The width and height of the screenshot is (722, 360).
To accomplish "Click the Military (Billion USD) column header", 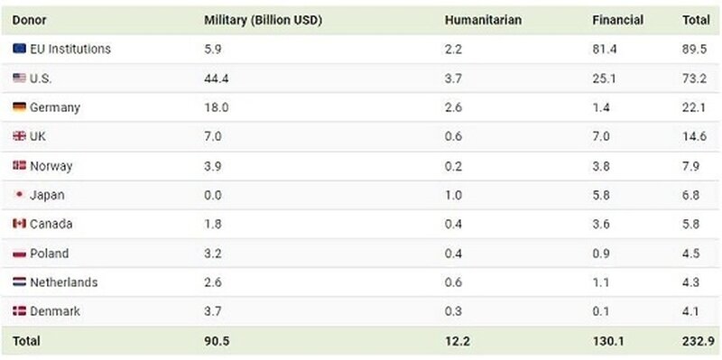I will pos(264,20).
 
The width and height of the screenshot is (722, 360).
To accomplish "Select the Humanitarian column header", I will pos(483,20).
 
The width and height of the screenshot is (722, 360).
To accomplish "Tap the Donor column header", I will pos(29,20).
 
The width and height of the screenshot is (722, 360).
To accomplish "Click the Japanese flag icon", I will pos(19,195).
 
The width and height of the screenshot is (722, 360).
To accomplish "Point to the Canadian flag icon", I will pos(19,224).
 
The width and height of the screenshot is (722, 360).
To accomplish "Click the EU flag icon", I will pos(19,49).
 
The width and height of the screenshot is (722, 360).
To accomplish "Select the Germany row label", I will pos(55,107).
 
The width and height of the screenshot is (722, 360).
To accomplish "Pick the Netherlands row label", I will pos(63,282).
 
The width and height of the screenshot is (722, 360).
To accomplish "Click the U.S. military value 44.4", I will pos(217,78).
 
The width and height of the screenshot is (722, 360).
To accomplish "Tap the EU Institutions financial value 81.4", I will pos(606,49).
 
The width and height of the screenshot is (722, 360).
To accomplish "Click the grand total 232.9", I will pos(697,341).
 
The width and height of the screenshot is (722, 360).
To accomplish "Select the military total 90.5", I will pos(217,341).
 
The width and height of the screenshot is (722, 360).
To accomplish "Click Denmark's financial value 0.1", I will pos(601,311).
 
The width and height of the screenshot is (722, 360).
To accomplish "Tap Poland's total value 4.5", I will pos(690,254).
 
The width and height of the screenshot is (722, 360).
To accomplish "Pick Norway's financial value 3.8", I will pos(602,166).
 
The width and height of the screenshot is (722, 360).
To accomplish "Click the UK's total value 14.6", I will pos(693,136).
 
